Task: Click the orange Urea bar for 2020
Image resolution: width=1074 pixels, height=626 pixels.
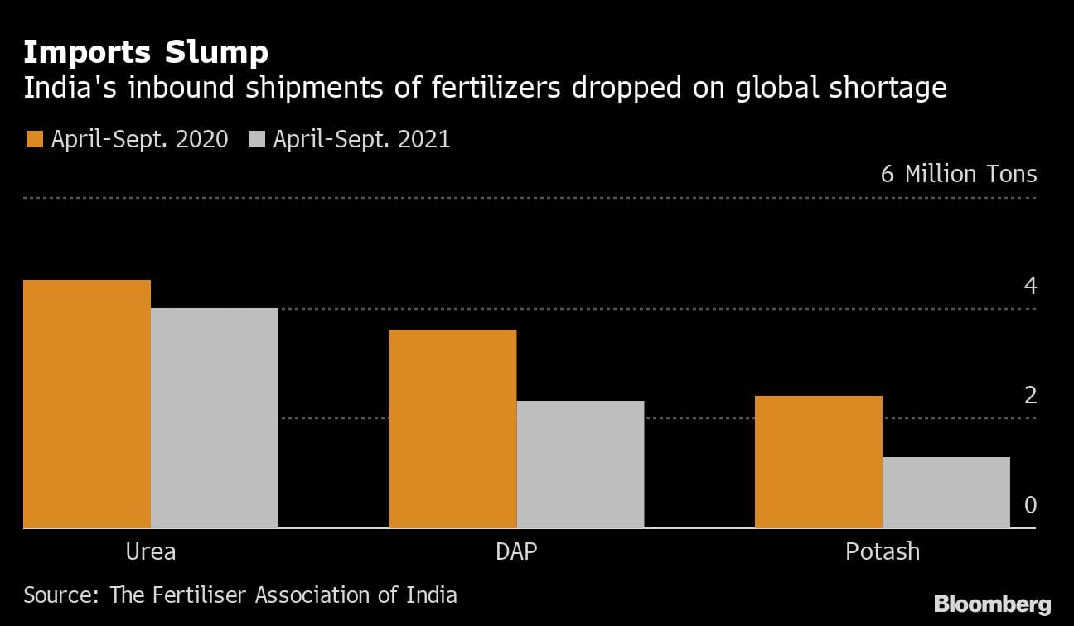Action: (87, 404)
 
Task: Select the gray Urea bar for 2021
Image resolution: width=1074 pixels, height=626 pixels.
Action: (215, 418)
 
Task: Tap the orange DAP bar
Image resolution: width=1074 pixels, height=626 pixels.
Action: (452, 429)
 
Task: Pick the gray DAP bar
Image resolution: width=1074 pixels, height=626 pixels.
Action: (580, 465)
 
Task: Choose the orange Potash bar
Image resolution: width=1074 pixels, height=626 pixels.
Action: (819, 462)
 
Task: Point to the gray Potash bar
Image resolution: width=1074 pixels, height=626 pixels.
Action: (946, 493)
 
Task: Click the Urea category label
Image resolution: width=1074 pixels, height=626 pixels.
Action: (151, 551)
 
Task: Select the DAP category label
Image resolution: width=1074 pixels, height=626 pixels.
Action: (516, 551)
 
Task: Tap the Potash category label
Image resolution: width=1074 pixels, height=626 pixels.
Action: (883, 551)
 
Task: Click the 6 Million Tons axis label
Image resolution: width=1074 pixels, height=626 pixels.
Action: (959, 174)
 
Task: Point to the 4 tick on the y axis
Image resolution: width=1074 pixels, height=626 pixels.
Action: (1030, 286)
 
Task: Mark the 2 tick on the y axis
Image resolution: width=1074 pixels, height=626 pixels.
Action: (1030, 395)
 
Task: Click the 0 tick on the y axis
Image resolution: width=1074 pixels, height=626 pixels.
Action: (1030, 505)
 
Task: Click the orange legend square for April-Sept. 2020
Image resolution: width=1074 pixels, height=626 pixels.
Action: (34, 139)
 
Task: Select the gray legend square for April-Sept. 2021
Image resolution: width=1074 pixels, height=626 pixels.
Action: (256, 139)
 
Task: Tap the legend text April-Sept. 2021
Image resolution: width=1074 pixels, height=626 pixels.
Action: (362, 139)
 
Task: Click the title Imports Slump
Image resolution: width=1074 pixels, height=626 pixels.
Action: (146, 52)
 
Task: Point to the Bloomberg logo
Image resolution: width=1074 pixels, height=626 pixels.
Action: (992, 604)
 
